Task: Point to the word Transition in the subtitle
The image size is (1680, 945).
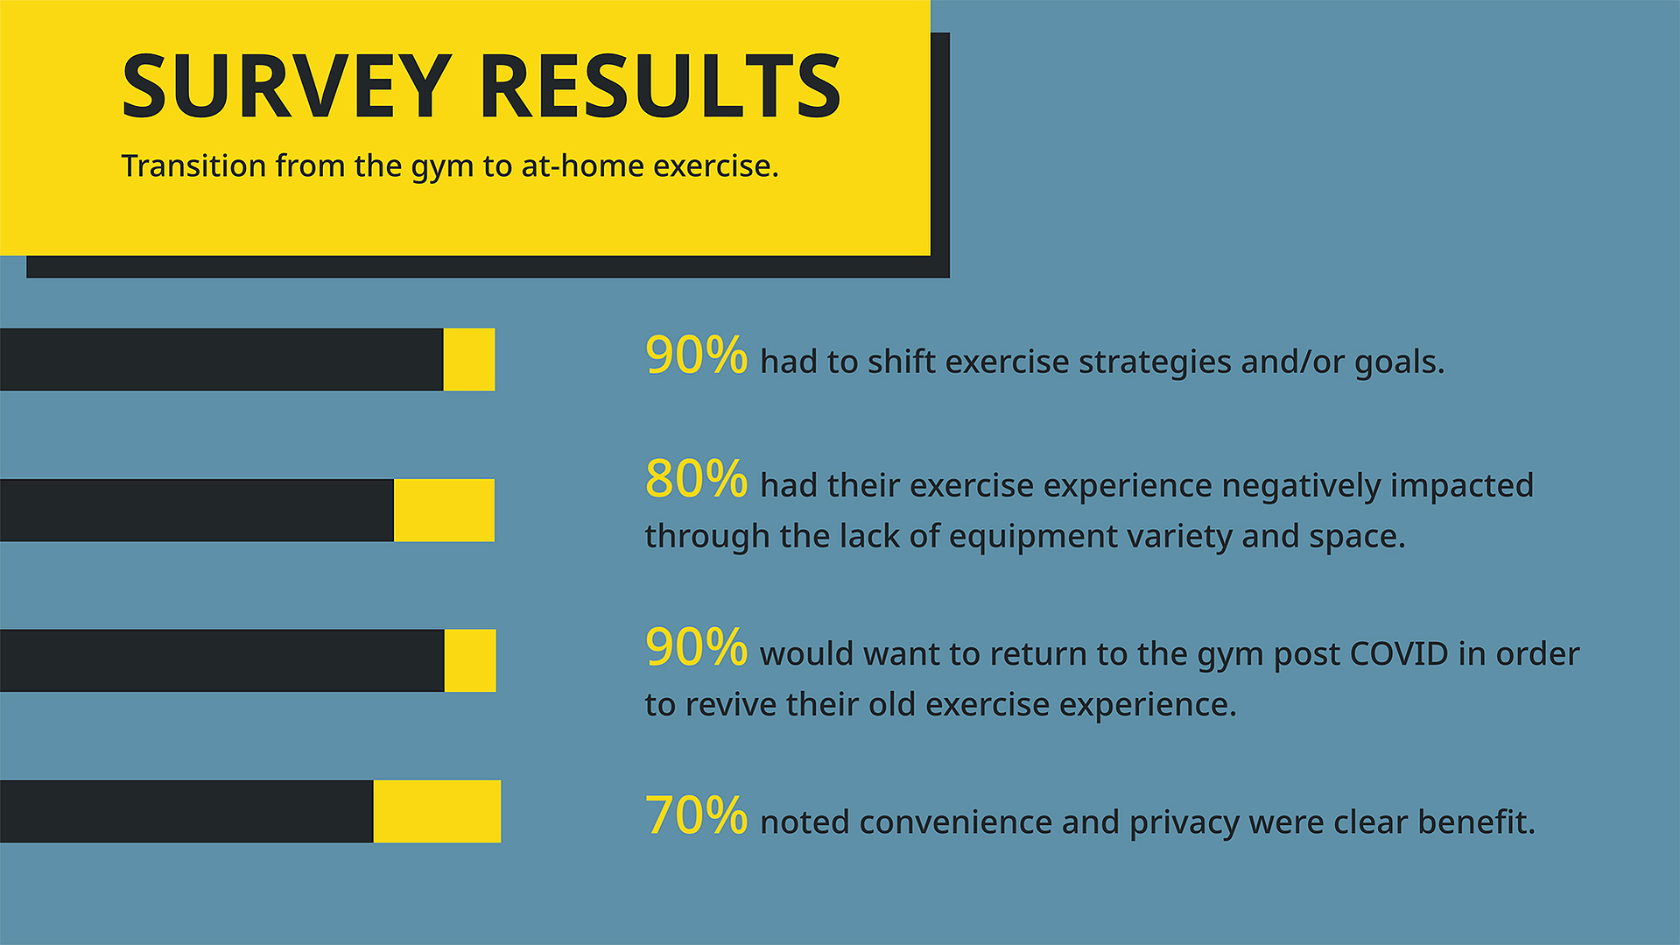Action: point(193,166)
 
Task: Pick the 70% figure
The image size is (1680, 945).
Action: point(696,815)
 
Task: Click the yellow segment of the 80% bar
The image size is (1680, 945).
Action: point(444,510)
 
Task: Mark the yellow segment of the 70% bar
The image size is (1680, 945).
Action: point(437,811)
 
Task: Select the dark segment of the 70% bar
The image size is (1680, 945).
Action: point(186,811)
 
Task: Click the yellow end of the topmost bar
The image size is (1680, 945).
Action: point(469,359)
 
